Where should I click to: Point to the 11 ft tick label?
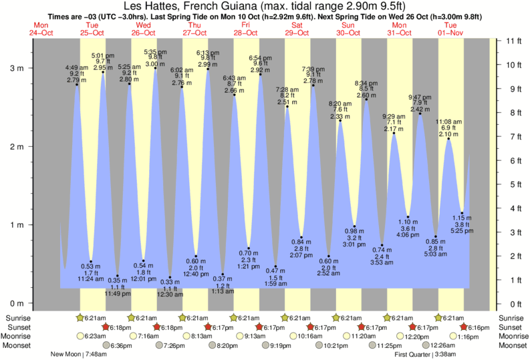pyautogui.click(x=514, y=41)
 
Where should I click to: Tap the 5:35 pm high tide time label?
pyautogui.click(x=155, y=51)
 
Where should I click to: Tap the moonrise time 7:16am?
pyautogui.click(x=147, y=336)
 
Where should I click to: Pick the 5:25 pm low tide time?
pyautogui.click(x=462, y=231)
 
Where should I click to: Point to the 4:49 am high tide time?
pyautogui.click(x=77, y=67)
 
